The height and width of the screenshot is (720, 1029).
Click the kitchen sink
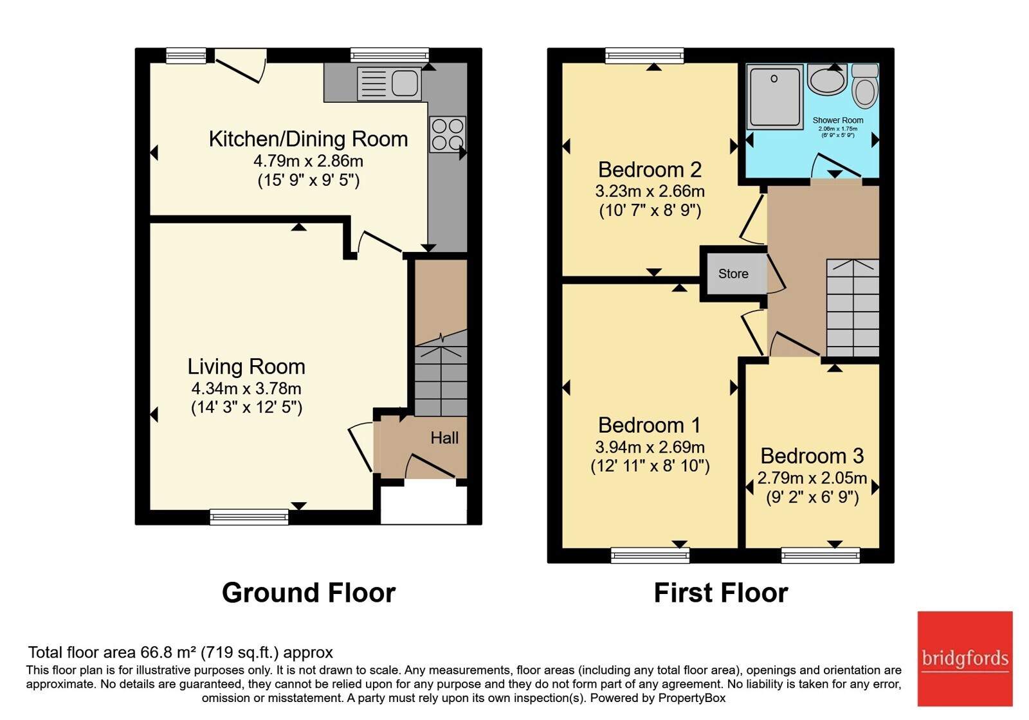pyautogui.click(x=389, y=84)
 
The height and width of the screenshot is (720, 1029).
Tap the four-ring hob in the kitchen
pyautogui.click(x=448, y=134)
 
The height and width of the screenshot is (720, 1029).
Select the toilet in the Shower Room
pyautogui.click(x=865, y=86)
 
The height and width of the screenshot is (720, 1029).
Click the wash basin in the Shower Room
pyautogui.click(x=827, y=79)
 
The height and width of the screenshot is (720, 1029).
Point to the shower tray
pyautogui.click(x=774, y=96)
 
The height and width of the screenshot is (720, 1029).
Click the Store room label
pyautogui.click(x=733, y=274)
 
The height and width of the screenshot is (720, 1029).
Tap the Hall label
pyautogui.click(x=444, y=438)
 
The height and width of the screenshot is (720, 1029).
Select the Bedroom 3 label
pyautogui.click(x=812, y=456)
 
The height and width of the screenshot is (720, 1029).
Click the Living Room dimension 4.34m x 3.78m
pyautogui.click(x=246, y=388)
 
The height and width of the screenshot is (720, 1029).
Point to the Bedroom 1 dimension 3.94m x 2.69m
pyautogui.click(x=650, y=447)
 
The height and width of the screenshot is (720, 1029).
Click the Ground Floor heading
pyautogui.click(x=309, y=592)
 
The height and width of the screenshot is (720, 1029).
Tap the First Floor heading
pyautogui.click(x=721, y=592)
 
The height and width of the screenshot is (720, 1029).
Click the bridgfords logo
pyautogui.click(x=965, y=658)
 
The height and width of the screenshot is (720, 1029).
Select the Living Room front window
pyautogui.click(x=249, y=517)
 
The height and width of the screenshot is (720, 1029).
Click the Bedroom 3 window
pyautogui.click(x=821, y=555)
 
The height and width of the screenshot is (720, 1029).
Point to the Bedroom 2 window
pyautogui.click(x=644, y=55)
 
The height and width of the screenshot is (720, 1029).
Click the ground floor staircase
pyautogui.click(x=441, y=373)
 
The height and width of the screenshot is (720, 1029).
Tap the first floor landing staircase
pyautogui.click(x=853, y=308)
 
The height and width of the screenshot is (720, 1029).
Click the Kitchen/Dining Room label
pyautogui.click(x=308, y=139)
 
